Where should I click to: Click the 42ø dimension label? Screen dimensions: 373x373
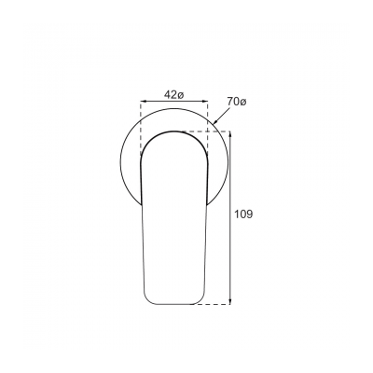pos(173,94)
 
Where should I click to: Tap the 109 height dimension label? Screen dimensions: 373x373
pos(244,214)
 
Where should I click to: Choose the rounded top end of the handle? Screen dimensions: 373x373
pos(173,132)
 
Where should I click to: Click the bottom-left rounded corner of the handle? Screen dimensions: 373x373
pos(148,298)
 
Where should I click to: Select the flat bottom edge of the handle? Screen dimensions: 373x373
pos(173,304)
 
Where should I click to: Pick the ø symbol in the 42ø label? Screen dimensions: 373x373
pos(181,94)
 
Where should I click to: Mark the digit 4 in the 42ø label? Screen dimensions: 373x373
pos(166,94)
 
